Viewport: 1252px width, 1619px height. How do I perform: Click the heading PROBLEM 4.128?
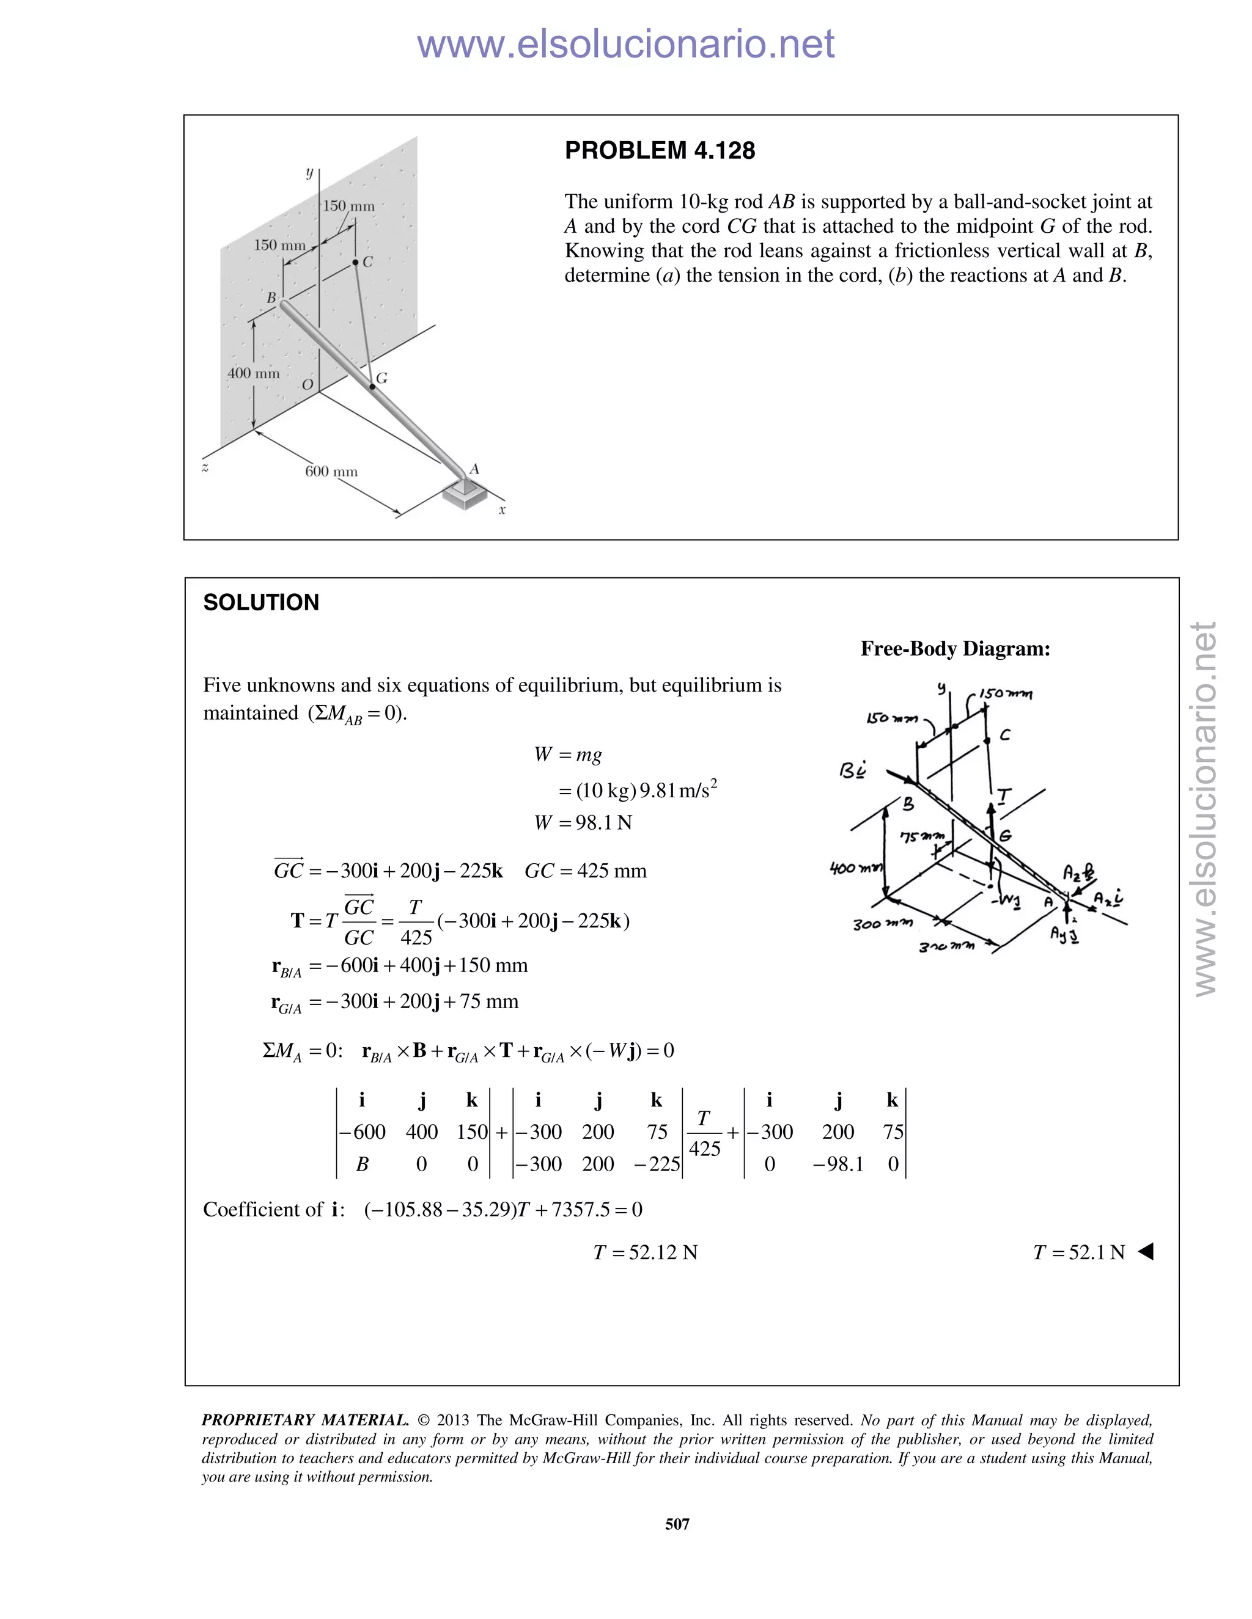click(x=660, y=150)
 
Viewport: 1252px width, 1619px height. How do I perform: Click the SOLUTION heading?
click(x=261, y=602)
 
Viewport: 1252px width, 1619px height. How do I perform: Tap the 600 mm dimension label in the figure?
click(x=331, y=472)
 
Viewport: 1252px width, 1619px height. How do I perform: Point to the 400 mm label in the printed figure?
click(x=253, y=373)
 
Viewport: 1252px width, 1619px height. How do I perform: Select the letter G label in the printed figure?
click(x=382, y=378)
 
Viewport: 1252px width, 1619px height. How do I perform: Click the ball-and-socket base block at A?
click(x=465, y=494)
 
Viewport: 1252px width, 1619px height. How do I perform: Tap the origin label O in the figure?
click(x=307, y=385)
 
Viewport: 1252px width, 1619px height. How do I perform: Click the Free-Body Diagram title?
click(x=954, y=649)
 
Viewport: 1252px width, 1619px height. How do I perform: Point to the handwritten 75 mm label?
click(x=922, y=837)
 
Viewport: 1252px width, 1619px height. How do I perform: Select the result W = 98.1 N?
click(x=583, y=823)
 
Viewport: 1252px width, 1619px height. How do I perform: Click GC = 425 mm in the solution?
click(x=585, y=871)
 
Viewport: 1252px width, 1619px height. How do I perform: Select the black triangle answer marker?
click(x=1146, y=1252)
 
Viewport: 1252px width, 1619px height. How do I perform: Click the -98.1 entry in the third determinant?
click(x=838, y=1164)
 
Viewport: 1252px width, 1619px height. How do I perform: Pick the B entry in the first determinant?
click(x=362, y=1164)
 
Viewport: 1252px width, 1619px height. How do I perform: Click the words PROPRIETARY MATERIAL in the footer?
click(x=305, y=1420)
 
